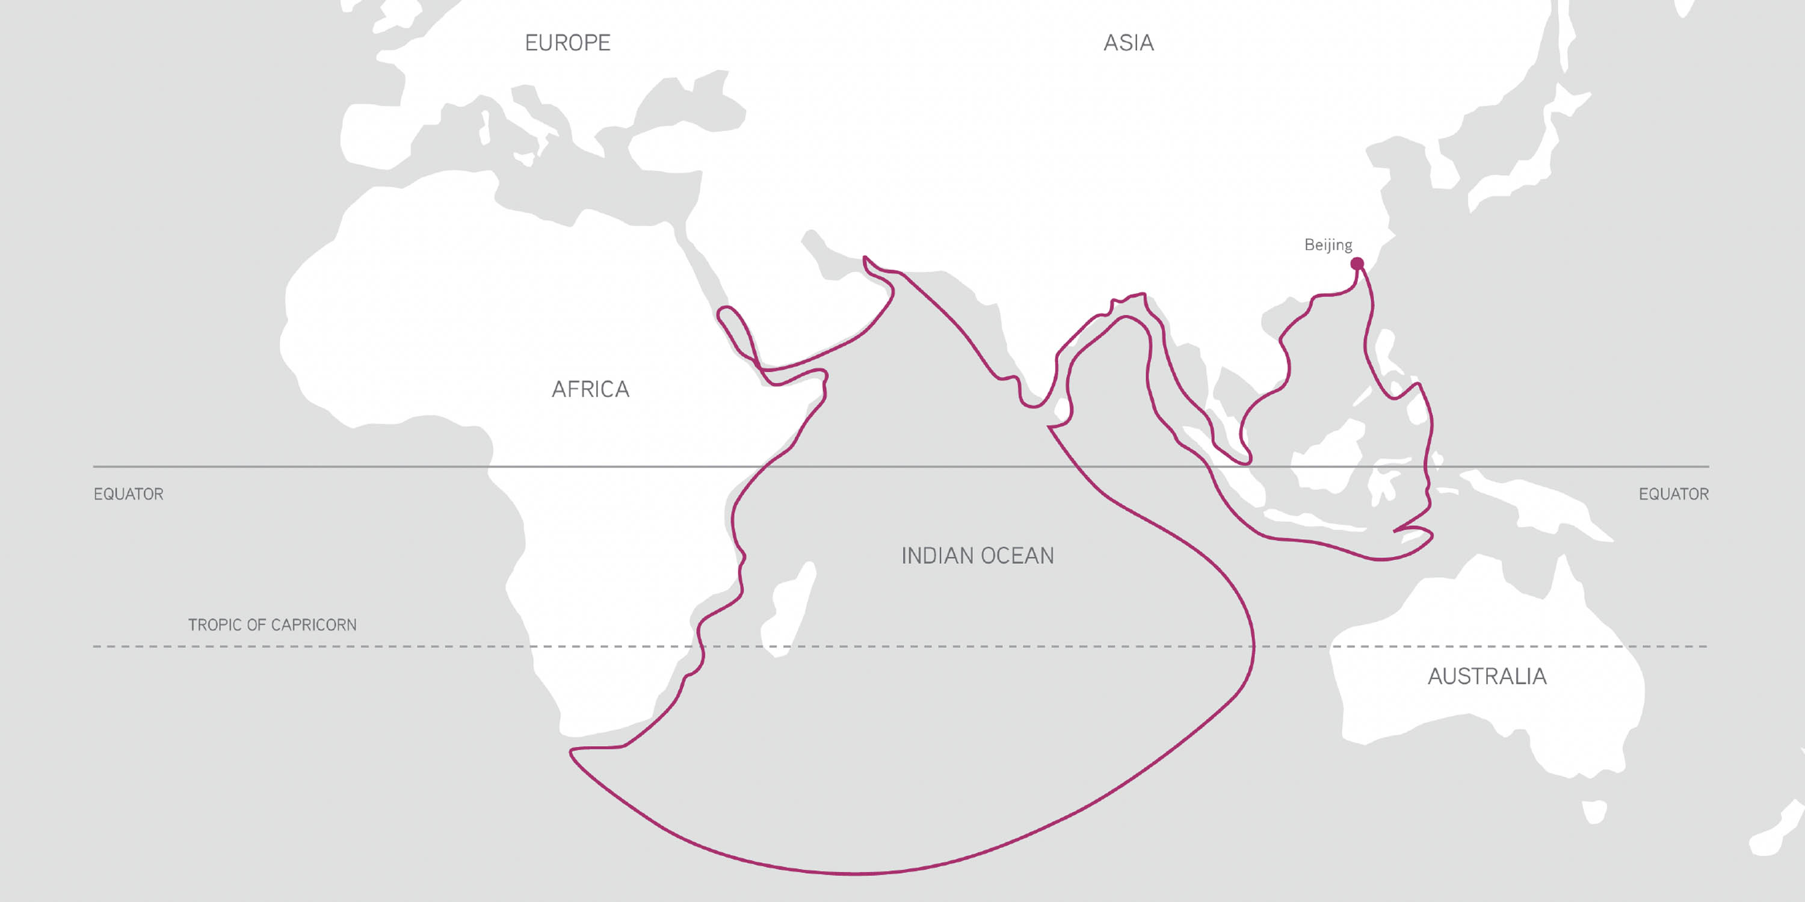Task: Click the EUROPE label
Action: (x=567, y=43)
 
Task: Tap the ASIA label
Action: (x=1128, y=43)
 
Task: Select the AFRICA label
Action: (x=590, y=389)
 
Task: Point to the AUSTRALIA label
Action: (x=1487, y=676)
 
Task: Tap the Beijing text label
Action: (x=1328, y=244)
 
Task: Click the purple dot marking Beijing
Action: (x=1357, y=264)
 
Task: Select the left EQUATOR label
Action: (x=128, y=494)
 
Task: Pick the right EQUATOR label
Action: (x=1673, y=494)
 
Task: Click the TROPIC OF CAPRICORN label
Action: (x=272, y=625)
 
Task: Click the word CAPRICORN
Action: (x=314, y=625)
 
